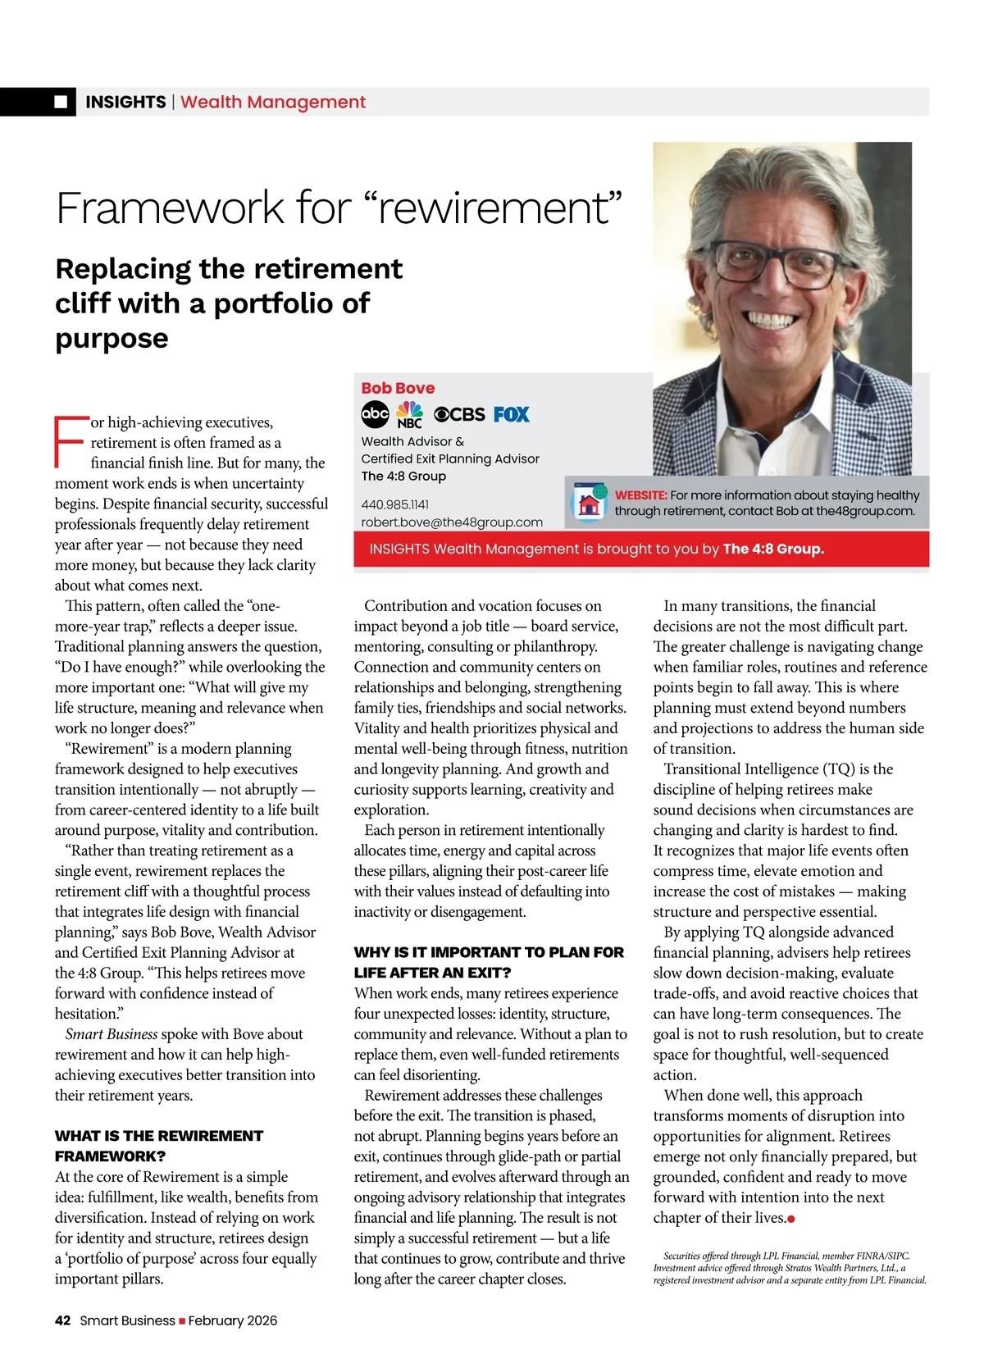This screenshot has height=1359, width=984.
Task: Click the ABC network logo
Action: tap(375, 414)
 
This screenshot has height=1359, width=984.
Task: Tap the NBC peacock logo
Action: tap(409, 415)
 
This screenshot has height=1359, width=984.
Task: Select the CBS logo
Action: tap(459, 414)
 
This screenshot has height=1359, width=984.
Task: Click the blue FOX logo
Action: tap(512, 414)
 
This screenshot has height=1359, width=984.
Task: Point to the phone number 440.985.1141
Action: tap(394, 504)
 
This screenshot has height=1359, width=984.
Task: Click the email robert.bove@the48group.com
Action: tap(452, 522)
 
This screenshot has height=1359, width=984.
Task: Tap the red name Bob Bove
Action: tap(398, 388)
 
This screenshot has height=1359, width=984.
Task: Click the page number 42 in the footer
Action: tap(63, 1320)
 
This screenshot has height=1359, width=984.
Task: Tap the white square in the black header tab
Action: tap(61, 102)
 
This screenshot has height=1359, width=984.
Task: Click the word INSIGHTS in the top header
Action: tap(125, 102)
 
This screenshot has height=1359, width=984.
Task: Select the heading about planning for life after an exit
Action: tap(489, 962)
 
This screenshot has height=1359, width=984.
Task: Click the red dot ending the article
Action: tap(791, 1220)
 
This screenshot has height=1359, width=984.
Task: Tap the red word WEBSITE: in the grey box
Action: tap(640, 495)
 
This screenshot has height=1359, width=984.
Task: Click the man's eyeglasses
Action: tap(777, 266)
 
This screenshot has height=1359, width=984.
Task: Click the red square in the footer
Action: tap(182, 1321)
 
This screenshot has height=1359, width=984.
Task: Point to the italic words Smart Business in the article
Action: tap(112, 1034)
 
